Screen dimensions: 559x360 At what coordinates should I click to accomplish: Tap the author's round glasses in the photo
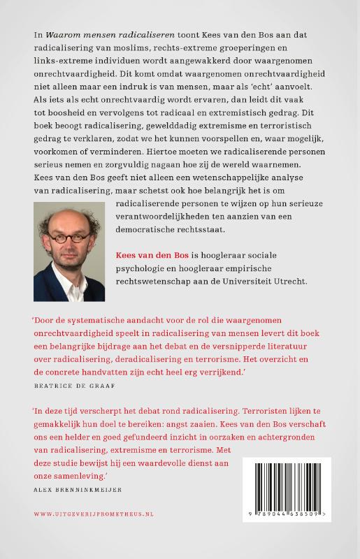69,237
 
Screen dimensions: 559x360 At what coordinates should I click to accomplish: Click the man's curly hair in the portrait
69,215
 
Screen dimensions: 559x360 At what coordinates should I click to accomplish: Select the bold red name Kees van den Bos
152,256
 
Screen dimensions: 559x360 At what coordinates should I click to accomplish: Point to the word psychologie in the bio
145,270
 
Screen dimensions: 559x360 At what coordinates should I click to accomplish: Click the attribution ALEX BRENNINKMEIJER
78,489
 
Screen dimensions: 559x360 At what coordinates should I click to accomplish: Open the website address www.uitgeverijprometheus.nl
94,514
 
